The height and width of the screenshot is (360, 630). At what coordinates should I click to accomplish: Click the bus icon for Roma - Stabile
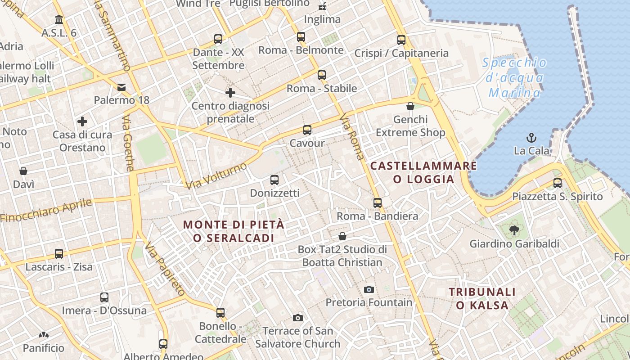pyautogui.click(x=322, y=75)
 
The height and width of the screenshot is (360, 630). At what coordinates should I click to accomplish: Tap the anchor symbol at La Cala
pyautogui.click(x=531, y=138)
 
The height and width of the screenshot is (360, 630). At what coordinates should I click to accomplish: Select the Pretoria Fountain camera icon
pyautogui.click(x=369, y=289)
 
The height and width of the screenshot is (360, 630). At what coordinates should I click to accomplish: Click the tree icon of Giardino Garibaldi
pyautogui.click(x=513, y=231)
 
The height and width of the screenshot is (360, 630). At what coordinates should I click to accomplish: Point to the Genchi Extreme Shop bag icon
pyautogui.click(x=410, y=106)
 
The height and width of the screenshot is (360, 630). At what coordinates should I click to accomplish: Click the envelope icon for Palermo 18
pyautogui.click(x=121, y=87)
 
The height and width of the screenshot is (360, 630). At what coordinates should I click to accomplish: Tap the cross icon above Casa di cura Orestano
pyautogui.click(x=82, y=121)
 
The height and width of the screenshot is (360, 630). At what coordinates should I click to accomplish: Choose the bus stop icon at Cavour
pyautogui.click(x=307, y=130)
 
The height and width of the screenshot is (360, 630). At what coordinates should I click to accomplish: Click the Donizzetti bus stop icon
pyautogui.click(x=274, y=180)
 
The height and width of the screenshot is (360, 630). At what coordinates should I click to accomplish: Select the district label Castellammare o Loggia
pyautogui.click(x=423, y=172)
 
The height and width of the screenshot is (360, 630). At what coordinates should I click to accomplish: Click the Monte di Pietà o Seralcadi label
pyautogui.click(x=234, y=231)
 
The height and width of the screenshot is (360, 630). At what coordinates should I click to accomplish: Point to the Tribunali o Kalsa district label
pyautogui.click(x=482, y=298)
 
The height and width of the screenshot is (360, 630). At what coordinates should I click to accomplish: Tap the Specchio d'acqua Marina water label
pyautogui.click(x=515, y=78)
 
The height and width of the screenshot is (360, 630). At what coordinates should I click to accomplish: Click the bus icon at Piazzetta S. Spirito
pyautogui.click(x=558, y=183)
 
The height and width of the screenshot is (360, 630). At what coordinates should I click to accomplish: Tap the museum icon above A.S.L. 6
pyautogui.click(x=59, y=20)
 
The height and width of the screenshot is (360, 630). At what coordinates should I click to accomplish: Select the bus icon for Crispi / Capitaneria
pyautogui.click(x=401, y=40)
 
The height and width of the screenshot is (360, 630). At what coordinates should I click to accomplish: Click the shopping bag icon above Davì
pyautogui.click(x=23, y=171)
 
